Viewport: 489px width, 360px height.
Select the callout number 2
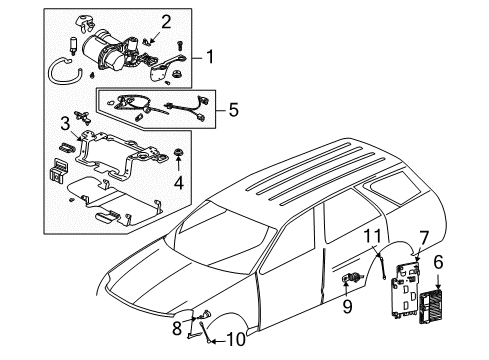click(x=166, y=19)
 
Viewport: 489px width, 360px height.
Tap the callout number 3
click(x=64, y=123)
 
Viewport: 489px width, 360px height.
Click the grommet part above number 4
click(x=178, y=155)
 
